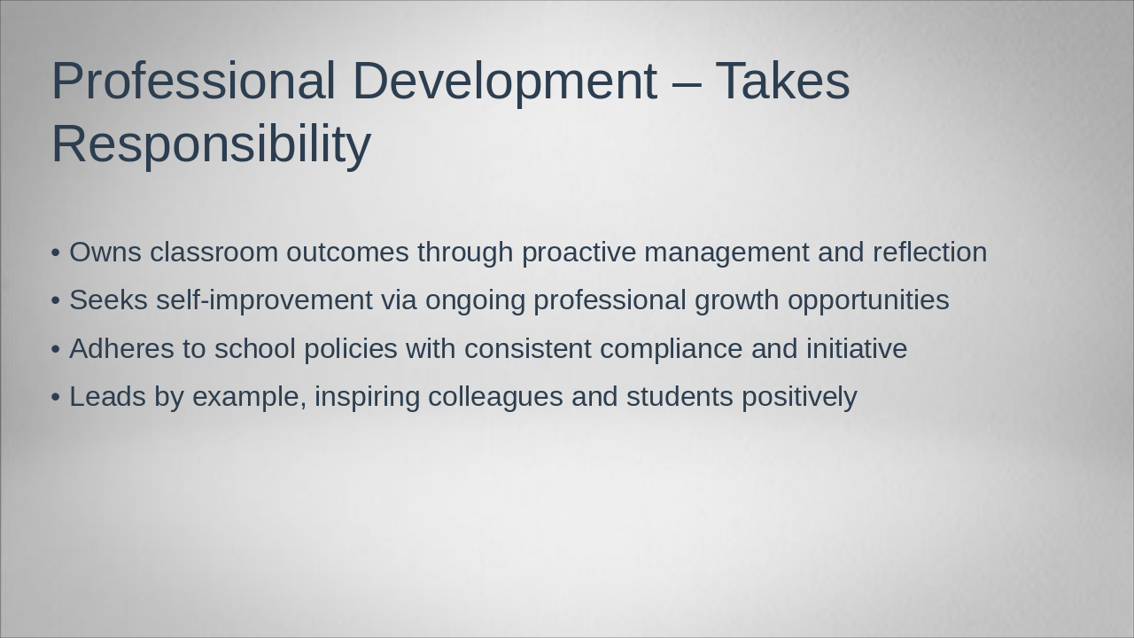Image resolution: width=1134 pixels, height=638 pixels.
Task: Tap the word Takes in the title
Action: (x=782, y=80)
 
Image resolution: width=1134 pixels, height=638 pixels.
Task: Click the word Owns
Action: (x=105, y=253)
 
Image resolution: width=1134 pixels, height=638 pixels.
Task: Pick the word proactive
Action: (x=579, y=253)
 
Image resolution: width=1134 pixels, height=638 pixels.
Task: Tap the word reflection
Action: (x=930, y=253)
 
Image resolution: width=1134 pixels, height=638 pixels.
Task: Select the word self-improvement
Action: (x=264, y=300)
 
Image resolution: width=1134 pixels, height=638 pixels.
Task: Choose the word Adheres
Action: (x=121, y=349)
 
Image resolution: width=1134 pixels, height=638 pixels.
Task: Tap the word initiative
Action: (x=857, y=349)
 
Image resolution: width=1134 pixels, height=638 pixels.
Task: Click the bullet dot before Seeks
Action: (x=56, y=300)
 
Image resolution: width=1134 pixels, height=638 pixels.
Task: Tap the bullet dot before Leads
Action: (x=56, y=398)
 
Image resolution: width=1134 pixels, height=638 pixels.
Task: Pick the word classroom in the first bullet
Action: (x=214, y=253)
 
